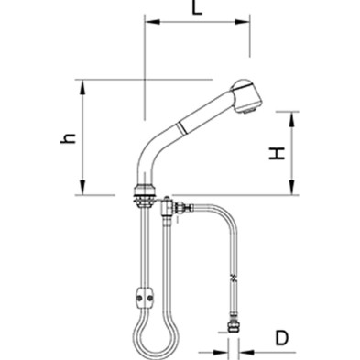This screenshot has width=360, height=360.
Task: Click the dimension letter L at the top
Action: [x=197, y=7]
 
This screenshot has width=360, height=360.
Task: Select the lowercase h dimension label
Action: [x=69, y=138]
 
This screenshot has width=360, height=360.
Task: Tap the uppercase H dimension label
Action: [x=277, y=153]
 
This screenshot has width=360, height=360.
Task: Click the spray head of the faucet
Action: [x=247, y=96]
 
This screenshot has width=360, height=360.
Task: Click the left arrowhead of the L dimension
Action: [x=152, y=22]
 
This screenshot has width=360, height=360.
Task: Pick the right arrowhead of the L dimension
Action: [x=243, y=22]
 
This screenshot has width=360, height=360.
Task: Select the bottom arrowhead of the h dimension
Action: [x=82, y=187]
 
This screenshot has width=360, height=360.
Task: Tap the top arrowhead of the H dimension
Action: [x=291, y=119]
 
